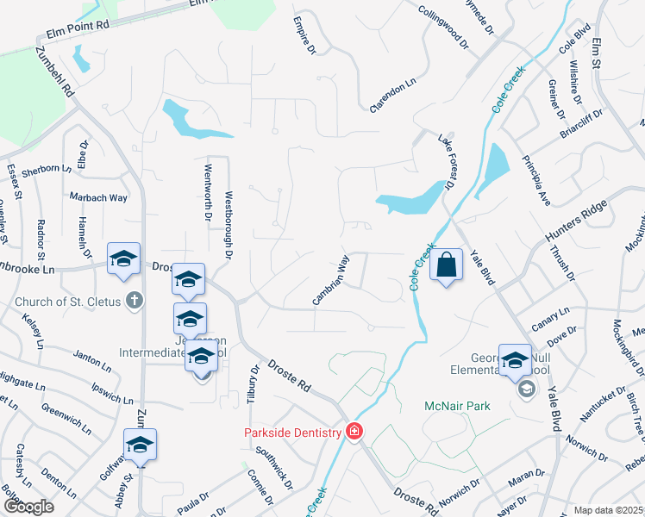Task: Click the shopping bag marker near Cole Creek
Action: coord(447,265)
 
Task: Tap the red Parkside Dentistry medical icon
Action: coord(354,431)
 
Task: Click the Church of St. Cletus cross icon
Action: coord(133,301)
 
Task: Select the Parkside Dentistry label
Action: coord(292,433)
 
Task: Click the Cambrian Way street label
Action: coord(332,279)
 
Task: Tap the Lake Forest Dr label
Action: coord(446,162)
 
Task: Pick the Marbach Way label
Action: coord(98,197)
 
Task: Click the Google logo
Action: coord(28,506)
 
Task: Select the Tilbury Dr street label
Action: coord(254,385)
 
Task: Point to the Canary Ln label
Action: coord(553,313)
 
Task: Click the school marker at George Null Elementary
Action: coord(515,362)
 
